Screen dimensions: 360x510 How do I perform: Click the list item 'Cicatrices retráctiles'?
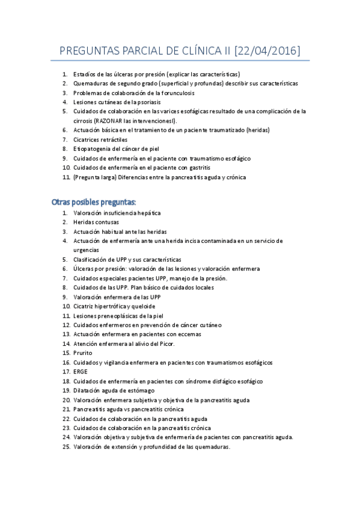point(100,140)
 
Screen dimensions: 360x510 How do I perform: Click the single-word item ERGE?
point(81,372)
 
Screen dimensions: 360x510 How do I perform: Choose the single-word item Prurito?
point(83,353)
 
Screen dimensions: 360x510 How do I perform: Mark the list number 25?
point(66,446)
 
